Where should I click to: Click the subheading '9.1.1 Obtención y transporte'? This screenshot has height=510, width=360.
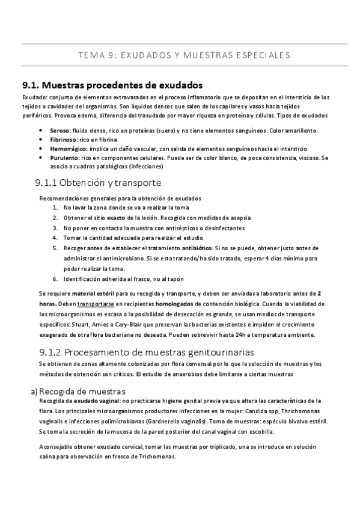(x=99, y=183)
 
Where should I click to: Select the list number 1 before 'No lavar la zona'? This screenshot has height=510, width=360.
(x=55, y=207)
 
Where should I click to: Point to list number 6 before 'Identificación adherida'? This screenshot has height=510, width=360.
(x=55, y=278)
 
